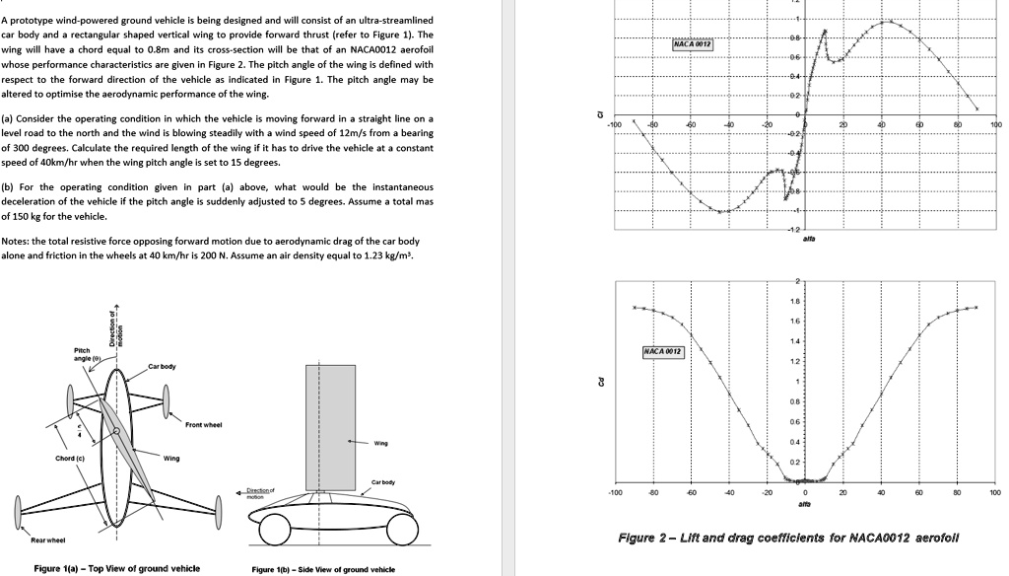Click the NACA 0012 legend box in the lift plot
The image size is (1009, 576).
pyautogui.click(x=693, y=44)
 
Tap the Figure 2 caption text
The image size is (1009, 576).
pyautogui.click(x=787, y=538)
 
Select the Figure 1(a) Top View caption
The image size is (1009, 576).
pyautogui.click(x=116, y=568)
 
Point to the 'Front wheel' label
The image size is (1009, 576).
pyautogui.click(x=203, y=425)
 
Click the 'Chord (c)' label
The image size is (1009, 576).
pyautogui.click(x=70, y=459)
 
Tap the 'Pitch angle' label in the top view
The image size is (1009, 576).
pyautogui.click(x=82, y=354)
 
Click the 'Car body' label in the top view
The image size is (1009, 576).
pyautogui.click(x=162, y=366)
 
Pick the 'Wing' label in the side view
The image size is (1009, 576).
pyautogui.click(x=380, y=443)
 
